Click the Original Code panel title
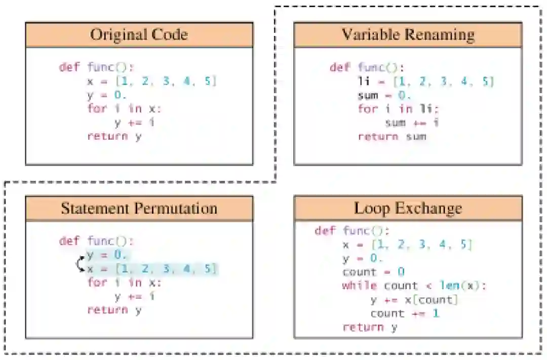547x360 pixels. [139, 34]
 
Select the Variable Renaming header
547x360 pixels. [408, 34]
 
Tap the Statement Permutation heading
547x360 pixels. [139, 208]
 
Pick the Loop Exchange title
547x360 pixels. [408, 208]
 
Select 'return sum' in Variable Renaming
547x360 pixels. [392, 136]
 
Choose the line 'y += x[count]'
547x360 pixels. [414, 300]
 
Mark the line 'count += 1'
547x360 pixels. [405, 313]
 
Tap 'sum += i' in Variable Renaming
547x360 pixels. [412, 123]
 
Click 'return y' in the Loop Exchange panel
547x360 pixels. [370, 327]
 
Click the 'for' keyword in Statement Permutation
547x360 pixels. [97, 282]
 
